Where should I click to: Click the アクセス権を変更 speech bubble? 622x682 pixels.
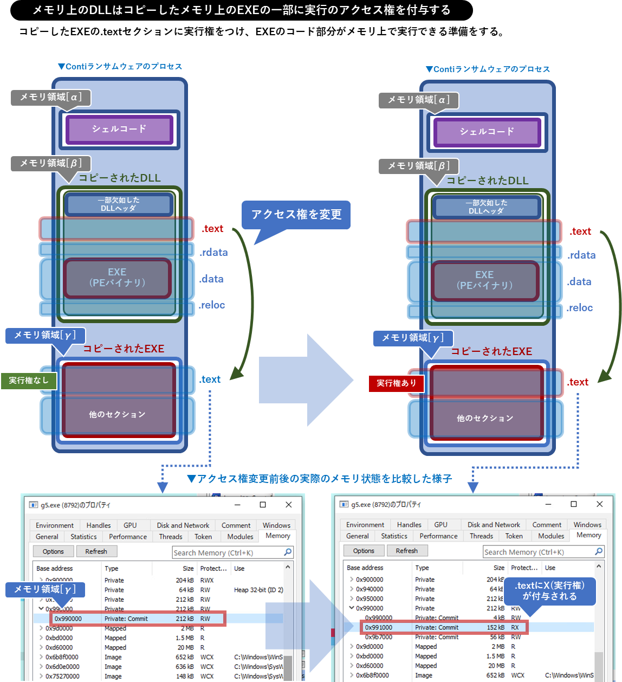pyautogui.click(x=296, y=215)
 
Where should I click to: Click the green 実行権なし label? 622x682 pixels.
pyautogui.click(x=28, y=381)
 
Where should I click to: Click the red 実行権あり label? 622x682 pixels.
pyautogui.click(x=397, y=383)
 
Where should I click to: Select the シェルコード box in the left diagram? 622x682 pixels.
pyautogui.click(x=119, y=130)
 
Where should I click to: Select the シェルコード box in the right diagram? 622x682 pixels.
pyautogui.click(x=487, y=132)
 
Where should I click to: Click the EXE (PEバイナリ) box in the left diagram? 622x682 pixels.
pyautogui.click(x=117, y=278)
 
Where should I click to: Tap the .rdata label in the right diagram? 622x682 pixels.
pyautogui.click(x=581, y=255)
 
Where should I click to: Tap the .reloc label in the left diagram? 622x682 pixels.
pyautogui.click(x=212, y=305)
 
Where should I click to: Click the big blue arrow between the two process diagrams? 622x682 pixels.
pyautogui.click(x=306, y=379)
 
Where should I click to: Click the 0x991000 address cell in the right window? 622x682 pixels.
pyautogui.click(x=378, y=628)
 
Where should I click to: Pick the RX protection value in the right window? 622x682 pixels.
pyautogui.click(x=515, y=628)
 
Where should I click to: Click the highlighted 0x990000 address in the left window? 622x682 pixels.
pyautogui.click(x=68, y=619)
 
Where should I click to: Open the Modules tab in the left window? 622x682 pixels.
pyautogui.click(x=240, y=537)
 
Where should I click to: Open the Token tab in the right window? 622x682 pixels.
pyautogui.click(x=514, y=536)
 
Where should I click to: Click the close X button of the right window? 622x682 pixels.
pyautogui.click(x=599, y=504)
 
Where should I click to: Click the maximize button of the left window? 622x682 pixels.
pyautogui.click(x=263, y=505)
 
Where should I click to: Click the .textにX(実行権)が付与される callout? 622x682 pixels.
pyautogui.click(x=549, y=591)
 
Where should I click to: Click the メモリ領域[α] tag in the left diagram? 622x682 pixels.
pyautogui.click(x=50, y=98)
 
